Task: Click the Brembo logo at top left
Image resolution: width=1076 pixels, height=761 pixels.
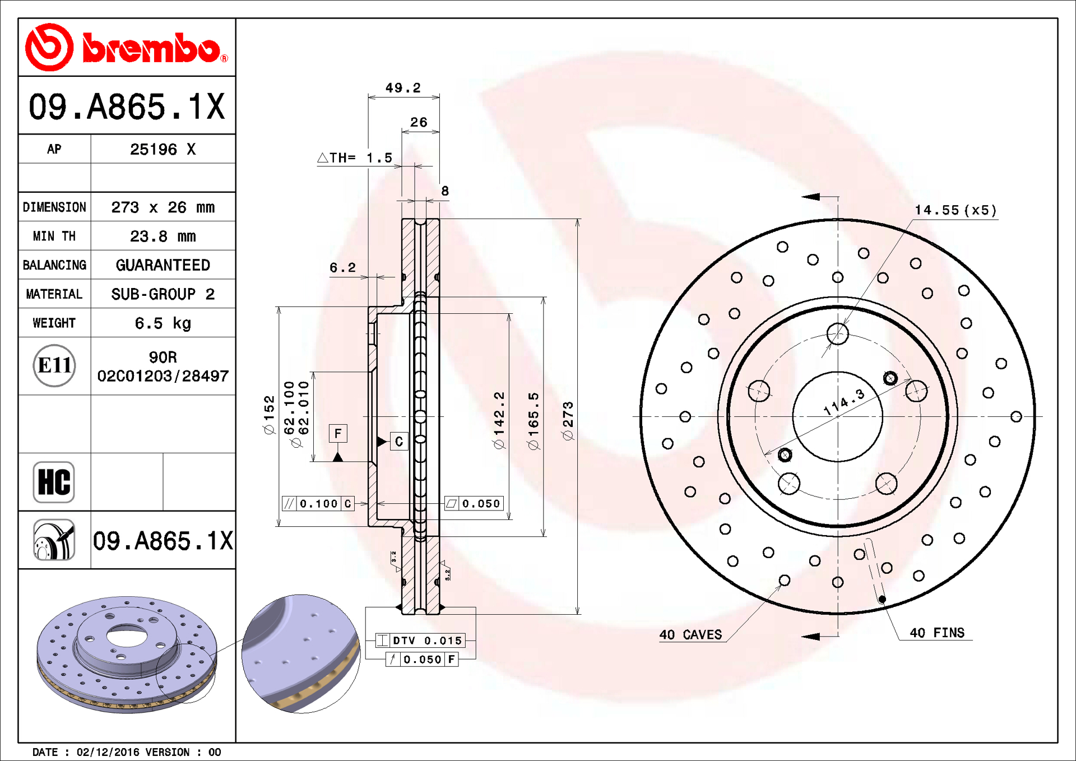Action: [127, 48]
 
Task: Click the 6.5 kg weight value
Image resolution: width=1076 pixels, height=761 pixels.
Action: [163, 323]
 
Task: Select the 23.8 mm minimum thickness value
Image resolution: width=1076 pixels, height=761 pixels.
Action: [163, 236]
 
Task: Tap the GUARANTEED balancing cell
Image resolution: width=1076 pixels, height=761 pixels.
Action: [163, 265]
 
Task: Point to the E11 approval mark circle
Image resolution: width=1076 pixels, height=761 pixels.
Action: [54, 366]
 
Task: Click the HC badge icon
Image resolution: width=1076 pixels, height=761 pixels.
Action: [54, 482]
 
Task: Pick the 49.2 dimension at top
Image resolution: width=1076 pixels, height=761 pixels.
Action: [403, 88]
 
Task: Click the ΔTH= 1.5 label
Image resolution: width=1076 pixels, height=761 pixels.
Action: [355, 158]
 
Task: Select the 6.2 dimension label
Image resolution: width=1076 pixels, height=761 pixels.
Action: [342, 268]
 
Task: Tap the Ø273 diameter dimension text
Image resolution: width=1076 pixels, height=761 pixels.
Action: [568, 421]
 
